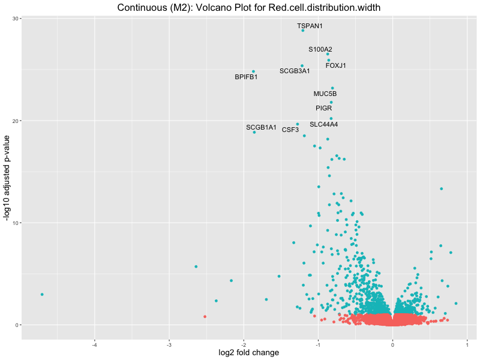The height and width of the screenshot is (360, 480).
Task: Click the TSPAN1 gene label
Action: pyautogui.click(x=310, y=26)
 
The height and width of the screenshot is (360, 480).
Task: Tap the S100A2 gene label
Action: pyautogui.click(x=320, y=49)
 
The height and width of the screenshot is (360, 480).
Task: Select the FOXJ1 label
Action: pyautogui.click(x=336, y=65)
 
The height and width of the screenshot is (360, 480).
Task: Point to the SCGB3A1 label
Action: pyautogui.click(x=295, y=71)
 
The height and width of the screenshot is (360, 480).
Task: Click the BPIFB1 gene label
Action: pyautogui.click(x=246, y=77)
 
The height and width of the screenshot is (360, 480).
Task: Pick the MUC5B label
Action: pyautogui.click(x=325, y=94)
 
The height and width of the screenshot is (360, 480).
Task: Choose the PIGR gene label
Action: pyautogui.click(x=323, y=108)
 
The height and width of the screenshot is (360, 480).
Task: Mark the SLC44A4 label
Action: pyautogui.click(x=323, y=124)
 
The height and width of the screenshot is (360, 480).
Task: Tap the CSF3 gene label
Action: pyautogui.click(x=290, y=130)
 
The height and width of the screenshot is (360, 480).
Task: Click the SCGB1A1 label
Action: pyautogui.click(x=261, y=127)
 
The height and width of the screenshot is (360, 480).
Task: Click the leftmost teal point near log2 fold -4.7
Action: pyautogui.click(x=42, y=295)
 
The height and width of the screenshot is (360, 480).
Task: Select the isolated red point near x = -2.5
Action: pyautogui.click(x=205, y=316)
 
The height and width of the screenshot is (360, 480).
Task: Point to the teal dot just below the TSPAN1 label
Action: pyautogui.click(x=302, y=31)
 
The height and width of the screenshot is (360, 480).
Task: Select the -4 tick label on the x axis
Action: pyautogui.click(x=94, y=343)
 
